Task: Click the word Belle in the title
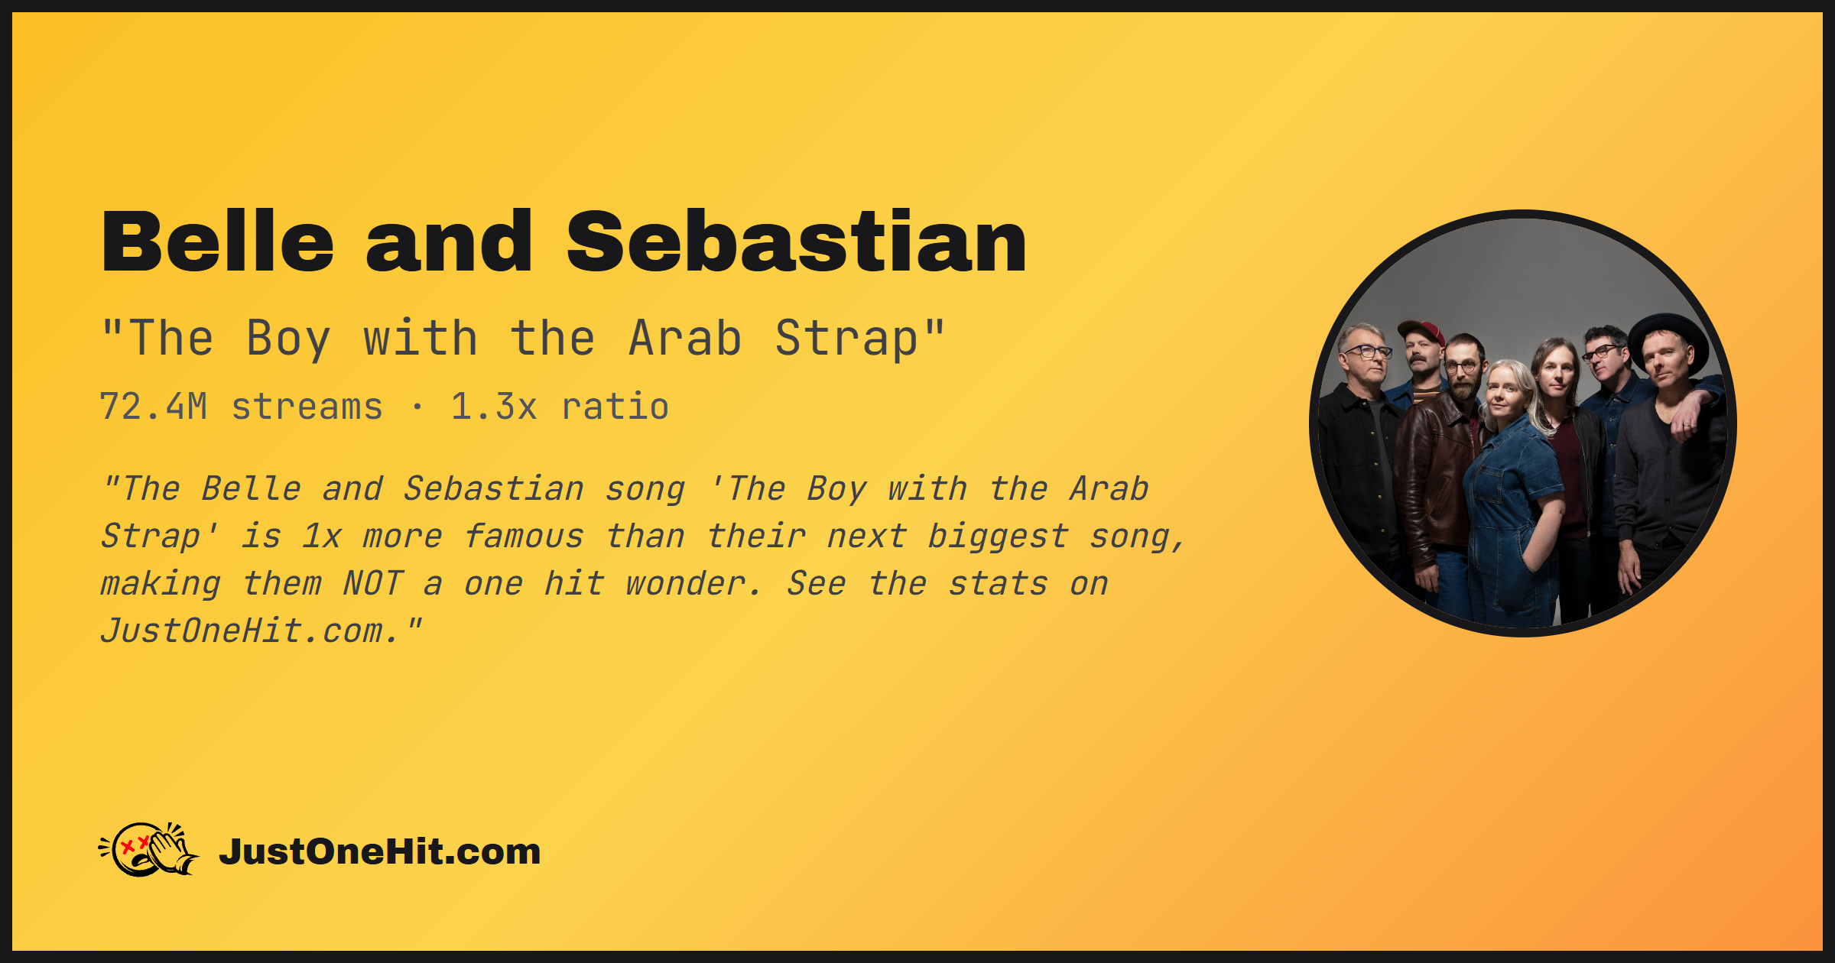click(x=218, y=242)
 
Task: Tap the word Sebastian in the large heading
click(x=797, y=242)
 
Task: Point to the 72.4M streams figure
click(x=241, y=407)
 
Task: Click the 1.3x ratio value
click(x=560, y=407)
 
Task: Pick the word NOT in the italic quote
click(x=372, y=584)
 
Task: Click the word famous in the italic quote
click(x=524, y=537)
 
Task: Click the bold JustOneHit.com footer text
click(x=379, y=851)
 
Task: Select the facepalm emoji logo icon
click(x=148, y=849)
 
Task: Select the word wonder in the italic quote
click(x=693, y=584)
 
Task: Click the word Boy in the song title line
click(x=288, y=339)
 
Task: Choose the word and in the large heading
click(x=449, y=242)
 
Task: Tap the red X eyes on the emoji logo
click(x=135, y=845)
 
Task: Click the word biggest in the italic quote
click(x=998, y=537)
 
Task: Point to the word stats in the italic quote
click(x=998, y=584)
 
